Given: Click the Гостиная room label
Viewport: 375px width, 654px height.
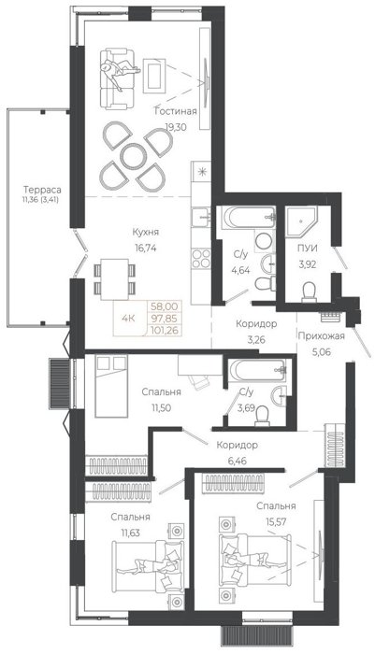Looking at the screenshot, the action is [176, 111].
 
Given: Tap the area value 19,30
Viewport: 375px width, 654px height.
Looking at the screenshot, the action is [176, 127].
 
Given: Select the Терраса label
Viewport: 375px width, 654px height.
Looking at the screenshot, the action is [42, 190].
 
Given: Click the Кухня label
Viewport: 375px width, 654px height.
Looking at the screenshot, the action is [146, 233].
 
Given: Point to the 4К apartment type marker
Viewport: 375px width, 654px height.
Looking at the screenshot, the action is [128, 319].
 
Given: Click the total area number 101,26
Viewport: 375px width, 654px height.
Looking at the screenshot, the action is [164, 331].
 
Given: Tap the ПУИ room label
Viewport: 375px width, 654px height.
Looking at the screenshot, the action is [307, 249].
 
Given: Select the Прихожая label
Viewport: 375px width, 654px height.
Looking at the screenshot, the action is [321, 335].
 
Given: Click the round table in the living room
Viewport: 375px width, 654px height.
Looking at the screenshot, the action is [135, 156].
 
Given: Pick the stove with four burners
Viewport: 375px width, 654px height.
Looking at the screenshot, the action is [201, 258].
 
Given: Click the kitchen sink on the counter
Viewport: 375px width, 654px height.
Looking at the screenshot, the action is [201, 217].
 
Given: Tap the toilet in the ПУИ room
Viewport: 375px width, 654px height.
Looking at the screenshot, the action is [310, 291].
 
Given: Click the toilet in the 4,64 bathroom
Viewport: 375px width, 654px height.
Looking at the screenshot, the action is [265, 284].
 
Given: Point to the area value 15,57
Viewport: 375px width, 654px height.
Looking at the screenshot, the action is [276, 521].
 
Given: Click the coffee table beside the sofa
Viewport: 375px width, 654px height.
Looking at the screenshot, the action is [154, 74].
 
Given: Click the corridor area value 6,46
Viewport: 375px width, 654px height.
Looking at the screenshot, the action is [237, 462].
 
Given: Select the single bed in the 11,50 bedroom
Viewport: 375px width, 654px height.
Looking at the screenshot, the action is [111, 386].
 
